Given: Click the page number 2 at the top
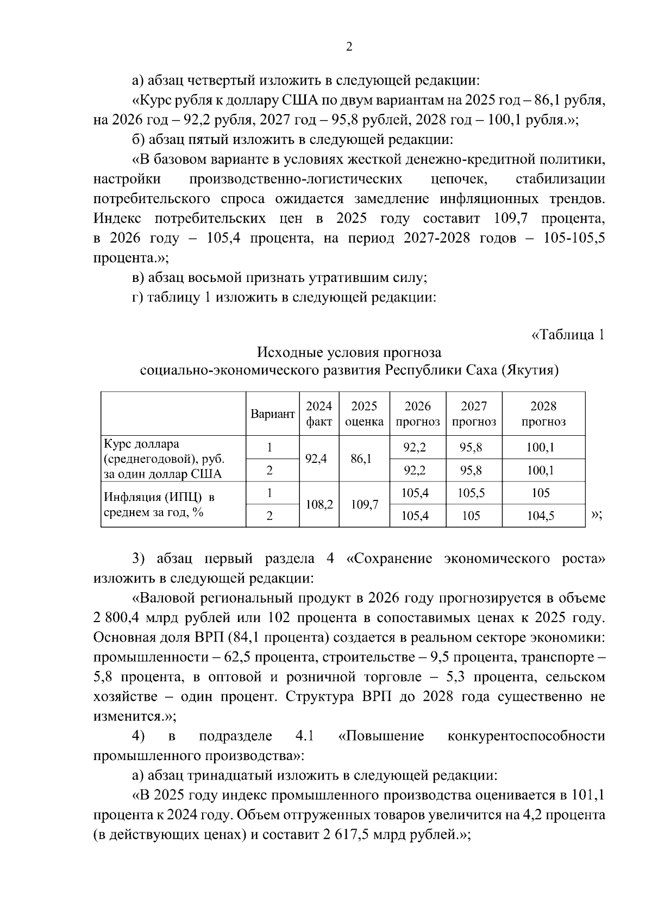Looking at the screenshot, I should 349,47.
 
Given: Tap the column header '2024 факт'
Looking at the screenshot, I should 319,414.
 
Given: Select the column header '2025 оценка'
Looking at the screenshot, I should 364,414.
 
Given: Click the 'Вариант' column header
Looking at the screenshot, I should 273,414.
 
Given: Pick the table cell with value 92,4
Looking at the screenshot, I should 316,459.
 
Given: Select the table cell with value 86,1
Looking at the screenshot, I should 361,459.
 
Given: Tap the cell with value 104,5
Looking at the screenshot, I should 541,516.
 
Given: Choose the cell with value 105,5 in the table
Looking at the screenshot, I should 471,493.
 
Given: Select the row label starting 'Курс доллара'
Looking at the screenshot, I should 163,459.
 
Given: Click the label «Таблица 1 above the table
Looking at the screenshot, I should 568,335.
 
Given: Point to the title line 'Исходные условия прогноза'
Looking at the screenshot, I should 349,353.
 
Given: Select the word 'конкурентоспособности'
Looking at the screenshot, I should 526,736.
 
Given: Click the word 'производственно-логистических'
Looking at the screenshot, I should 296,179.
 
